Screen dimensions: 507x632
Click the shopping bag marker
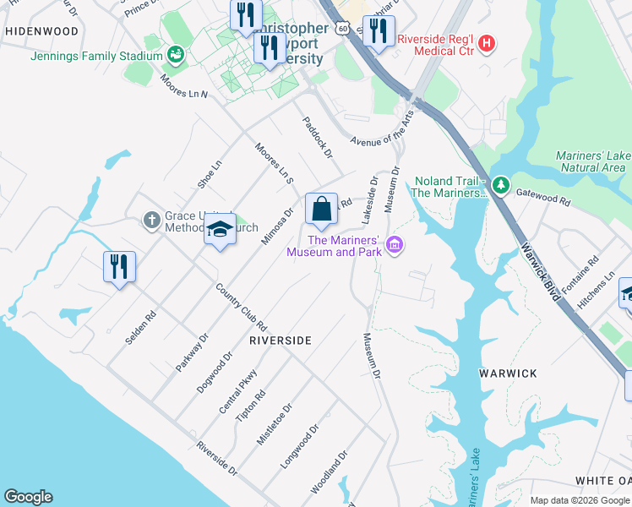tap(321, 210)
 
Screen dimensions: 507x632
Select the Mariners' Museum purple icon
tap(394, 245)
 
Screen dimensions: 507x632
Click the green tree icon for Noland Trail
tap(500, 184)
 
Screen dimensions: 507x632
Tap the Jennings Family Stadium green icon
tap(176, 56)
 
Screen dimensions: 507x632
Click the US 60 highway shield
tap(340, 28)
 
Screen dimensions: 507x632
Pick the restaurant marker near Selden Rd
tap(119, 267)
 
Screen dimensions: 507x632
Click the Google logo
tap(28, 497)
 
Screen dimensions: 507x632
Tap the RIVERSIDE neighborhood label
tap(281, 341)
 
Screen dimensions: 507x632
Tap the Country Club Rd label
tap(241, 307)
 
